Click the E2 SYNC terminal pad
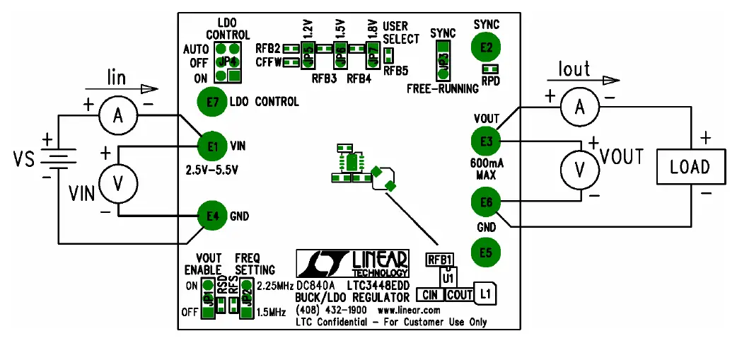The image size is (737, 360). pos(486,47)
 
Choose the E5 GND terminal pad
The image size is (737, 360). pos(486,252)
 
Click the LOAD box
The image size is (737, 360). pos(689,168)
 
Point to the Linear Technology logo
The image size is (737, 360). pos(352,263)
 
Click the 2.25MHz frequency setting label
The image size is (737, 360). pos(274,286)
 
